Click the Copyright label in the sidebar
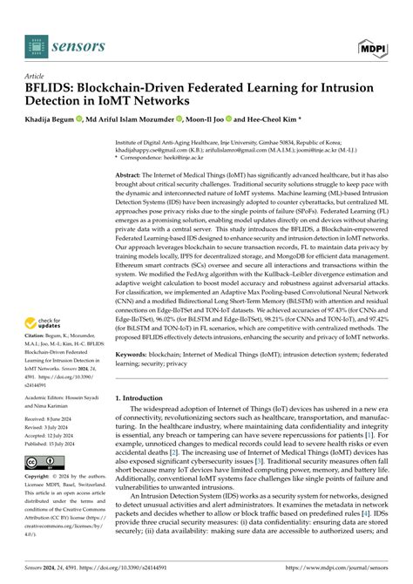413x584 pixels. click(41, 477)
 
